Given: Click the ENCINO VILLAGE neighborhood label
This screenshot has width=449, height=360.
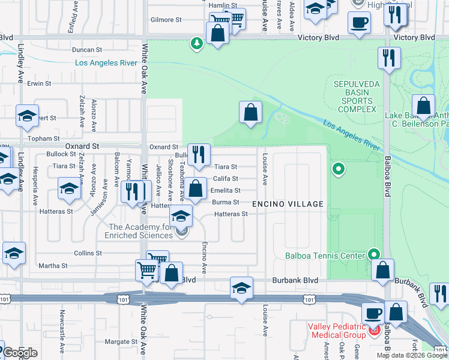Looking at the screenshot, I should pos(288,204).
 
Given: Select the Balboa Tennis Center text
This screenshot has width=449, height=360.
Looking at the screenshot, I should pos(325,256).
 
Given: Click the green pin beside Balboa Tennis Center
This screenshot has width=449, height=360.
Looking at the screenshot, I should pos(375,254).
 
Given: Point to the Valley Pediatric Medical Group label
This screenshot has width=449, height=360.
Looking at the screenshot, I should pos(336,331).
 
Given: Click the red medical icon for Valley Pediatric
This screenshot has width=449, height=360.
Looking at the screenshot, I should pos(375,331).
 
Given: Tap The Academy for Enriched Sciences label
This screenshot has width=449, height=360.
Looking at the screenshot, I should pos(140,231).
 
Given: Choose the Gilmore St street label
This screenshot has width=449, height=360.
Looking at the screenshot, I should pos(166,20).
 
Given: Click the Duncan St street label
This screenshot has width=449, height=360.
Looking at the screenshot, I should pos(87,50).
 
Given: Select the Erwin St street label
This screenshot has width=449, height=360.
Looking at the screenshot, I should pos(39,83).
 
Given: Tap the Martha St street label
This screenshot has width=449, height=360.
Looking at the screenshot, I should pos(53,266).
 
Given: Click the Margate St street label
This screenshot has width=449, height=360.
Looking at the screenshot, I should pos(117,342).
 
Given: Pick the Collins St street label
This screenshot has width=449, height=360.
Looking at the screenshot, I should pos(88,253).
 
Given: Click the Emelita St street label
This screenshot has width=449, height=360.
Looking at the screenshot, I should pos(225,190).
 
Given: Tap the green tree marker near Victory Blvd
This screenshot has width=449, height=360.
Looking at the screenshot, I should pos(196,43).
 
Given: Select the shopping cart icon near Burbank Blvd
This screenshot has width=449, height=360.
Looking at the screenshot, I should pos(147,269).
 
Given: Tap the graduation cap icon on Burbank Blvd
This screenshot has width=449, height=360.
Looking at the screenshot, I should pos(241,287).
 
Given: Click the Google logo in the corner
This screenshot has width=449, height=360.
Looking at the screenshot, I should pos(20,352).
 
